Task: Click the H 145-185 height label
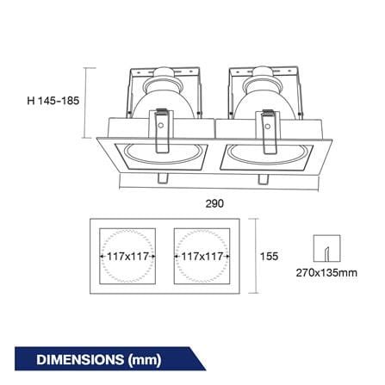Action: coord(53,101)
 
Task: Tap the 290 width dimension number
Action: coord(214,203)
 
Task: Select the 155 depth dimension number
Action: coord(269,256)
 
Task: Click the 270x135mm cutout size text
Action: coord(326,272)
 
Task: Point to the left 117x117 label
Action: coord(128,256)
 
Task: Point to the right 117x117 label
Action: coord(202,256)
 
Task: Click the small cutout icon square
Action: coord(326,248)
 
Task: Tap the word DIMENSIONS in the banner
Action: coord(80,360)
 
